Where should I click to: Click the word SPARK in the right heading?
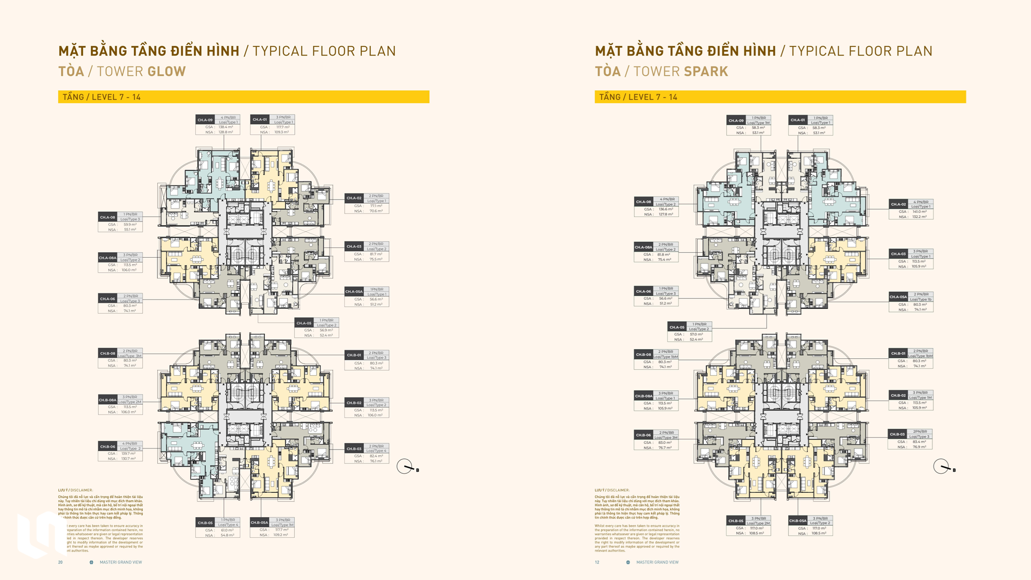pos(706,71)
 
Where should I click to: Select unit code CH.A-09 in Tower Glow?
pos(205,120)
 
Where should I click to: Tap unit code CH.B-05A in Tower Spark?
pos(797,521)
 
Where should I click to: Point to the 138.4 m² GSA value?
pos(226,127)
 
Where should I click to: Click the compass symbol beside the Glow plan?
pos(405,467)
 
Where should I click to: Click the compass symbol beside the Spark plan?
pos(941,467)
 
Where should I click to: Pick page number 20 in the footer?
pos(60,562)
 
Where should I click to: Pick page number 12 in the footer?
pos(597,562)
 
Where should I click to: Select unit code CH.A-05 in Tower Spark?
pos(676,327)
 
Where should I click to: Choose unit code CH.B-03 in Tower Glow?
pos(354,449)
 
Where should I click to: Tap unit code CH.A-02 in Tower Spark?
pos(899,204)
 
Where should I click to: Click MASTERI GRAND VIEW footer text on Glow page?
pos(121,562)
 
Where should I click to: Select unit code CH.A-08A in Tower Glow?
pos(107,258)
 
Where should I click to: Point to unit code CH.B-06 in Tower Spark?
pos(643,435)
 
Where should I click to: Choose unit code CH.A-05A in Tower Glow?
pos(354,292)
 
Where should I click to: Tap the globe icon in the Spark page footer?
pos(628,562)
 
